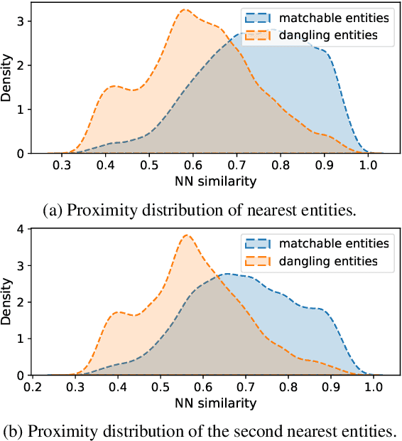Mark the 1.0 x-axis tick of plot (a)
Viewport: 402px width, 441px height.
point(367,166)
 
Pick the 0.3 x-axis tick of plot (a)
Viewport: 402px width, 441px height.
point(63,166)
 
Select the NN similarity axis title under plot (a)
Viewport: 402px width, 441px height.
point(214,181)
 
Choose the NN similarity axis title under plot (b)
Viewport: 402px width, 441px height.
point(214,403)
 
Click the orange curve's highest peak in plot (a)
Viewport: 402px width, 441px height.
point(185,10)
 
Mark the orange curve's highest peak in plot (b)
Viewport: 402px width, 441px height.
point(186,235)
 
